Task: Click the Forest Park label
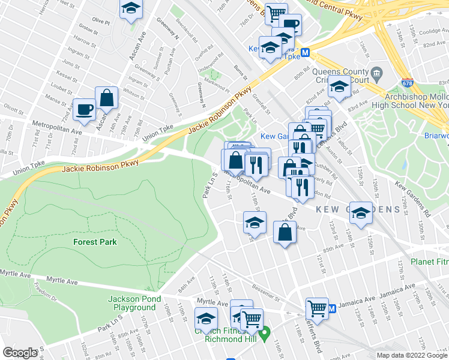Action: click(x=95, y=242)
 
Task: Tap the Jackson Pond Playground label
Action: click(x=132, y=304)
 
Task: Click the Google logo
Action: click(x=20, y=352)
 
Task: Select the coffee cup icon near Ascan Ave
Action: click(x=84, y=109)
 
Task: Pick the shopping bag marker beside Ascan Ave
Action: click(x=106, y=98)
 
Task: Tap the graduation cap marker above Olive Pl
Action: click(x=130, y=9)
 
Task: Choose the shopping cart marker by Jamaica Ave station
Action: click(x=317, y=309)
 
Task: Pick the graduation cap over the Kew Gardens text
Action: click(x=361, y=213)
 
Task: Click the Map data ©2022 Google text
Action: click(x=412, y=355)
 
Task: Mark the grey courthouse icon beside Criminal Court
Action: click(x=378, y=75)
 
